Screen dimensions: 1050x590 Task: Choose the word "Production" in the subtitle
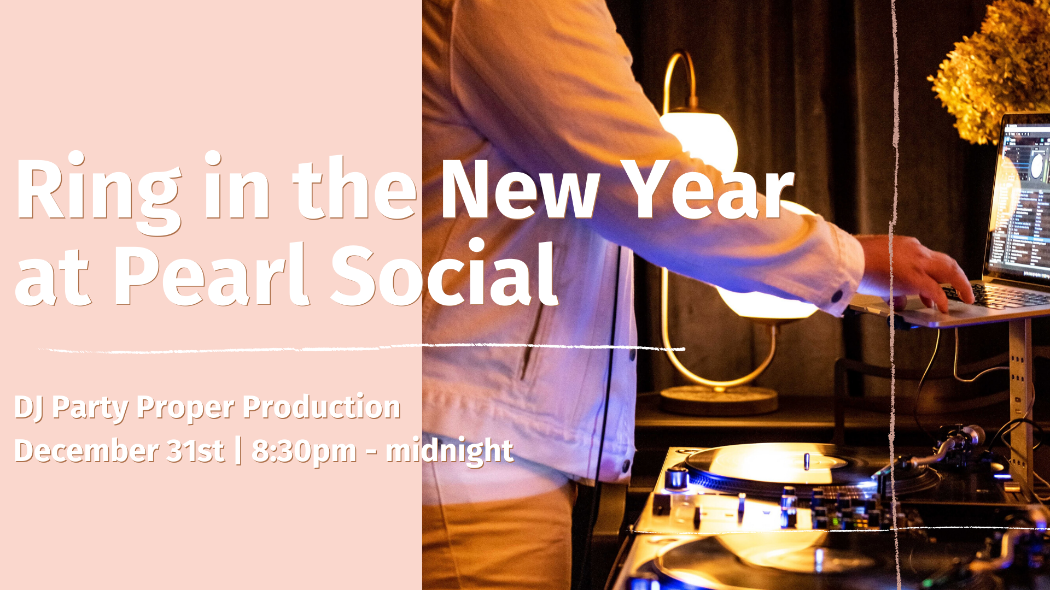[322, 407]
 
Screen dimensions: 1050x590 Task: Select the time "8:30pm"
[304, 452]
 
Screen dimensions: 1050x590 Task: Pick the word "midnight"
[450, 451]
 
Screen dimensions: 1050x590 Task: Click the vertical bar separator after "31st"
[238, 451]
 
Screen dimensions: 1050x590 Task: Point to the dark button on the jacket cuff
[837, 296]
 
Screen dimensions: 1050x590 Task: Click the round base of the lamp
[719, 400]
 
